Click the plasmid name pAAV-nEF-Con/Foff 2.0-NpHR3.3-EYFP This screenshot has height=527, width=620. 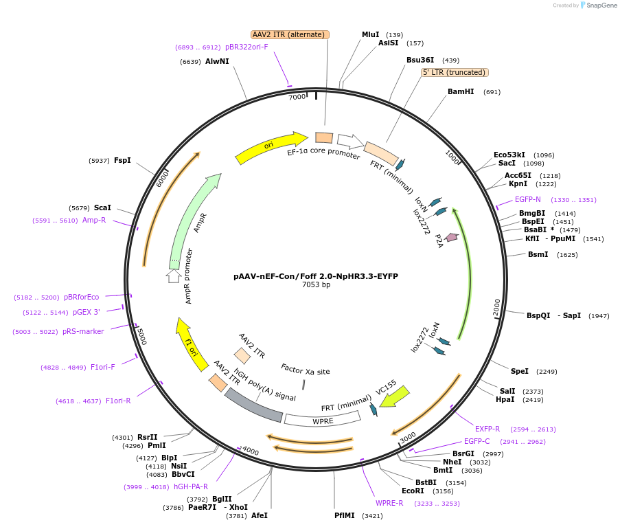[316, 276]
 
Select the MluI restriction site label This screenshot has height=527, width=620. [371, 34]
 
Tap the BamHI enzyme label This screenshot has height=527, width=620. [461, 91]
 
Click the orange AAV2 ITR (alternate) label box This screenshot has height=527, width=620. [290, 34]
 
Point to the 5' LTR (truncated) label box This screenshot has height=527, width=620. [454, 72]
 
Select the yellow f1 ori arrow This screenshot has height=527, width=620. [192, 343]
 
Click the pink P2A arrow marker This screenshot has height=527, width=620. [451, 237]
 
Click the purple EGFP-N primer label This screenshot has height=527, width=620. [528, 200]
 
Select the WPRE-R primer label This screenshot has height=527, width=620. [389, 503]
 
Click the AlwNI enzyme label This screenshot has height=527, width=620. [217, 61]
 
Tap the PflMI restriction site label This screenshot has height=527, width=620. [345, 515]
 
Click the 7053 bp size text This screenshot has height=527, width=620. [316, 285]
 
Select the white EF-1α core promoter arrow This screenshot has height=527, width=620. [350, 142]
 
